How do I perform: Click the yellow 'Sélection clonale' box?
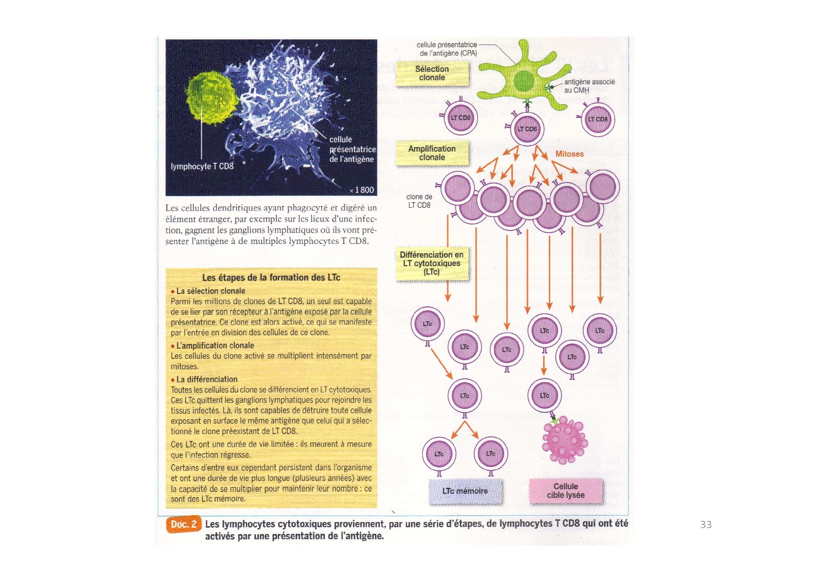[x=432, y=73]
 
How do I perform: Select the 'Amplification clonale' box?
[x=432, y=153]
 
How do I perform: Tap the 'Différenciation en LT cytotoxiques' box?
[x=432, y=263]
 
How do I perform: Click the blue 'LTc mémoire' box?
[x=465, y=491]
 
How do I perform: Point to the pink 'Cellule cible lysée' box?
[x=565, y=491]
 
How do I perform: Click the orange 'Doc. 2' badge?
[x=184, y=524]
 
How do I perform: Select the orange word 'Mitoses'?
[x=569, y=154]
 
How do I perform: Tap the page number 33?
[x=706, y=524]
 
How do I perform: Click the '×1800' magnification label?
[x=362, y=190]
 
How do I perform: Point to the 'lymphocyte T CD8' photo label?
[x=202, y=166]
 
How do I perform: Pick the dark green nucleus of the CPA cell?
[x=524, y=81]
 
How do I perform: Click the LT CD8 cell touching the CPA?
[x=527, y=129]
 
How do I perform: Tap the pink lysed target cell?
[x=564, y=440]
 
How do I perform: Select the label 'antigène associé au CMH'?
[x=589, y=86]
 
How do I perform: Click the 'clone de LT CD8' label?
[x=419, y=201]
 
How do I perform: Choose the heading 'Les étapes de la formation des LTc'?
[x=271, y=277]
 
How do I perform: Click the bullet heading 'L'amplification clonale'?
[x=215, y=345]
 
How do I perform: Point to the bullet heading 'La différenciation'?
[x=207, y=379]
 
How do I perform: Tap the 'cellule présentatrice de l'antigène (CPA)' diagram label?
[x=447, y=49]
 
